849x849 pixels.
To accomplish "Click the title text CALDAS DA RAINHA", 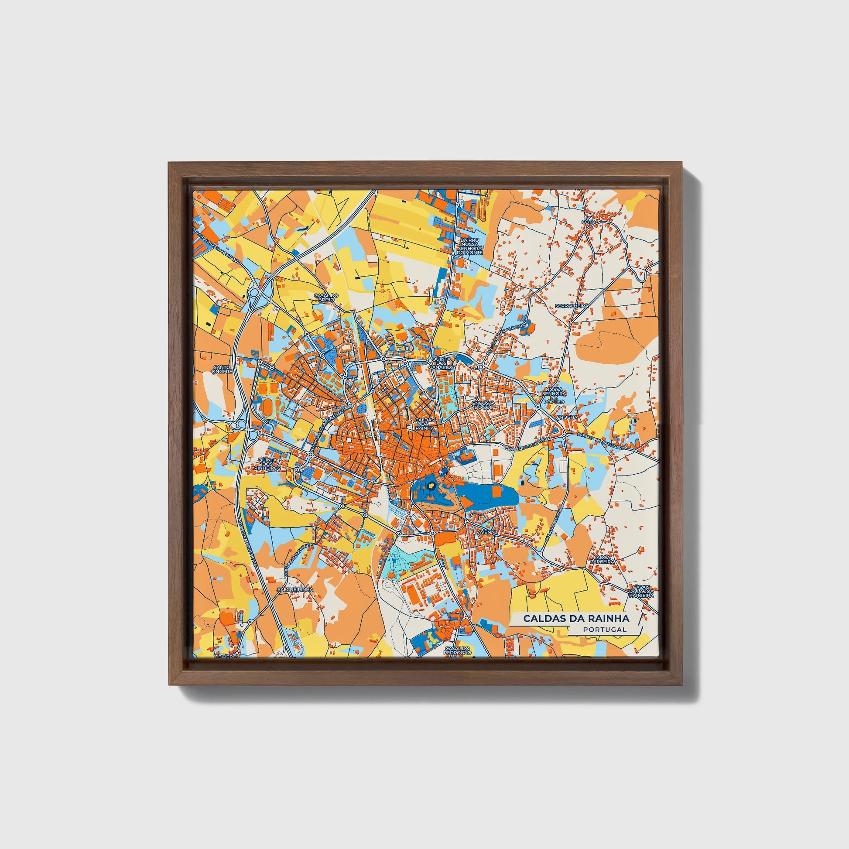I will [575, 619].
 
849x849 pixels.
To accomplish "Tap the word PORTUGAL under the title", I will [605, 630].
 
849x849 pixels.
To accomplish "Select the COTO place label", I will [588, 223].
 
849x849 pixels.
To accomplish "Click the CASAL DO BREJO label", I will [326, 297].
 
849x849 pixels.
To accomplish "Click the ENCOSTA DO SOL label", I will [483, 405].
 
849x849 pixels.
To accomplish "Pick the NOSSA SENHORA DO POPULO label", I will [554, 396].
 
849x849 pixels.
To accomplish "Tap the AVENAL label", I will [487, 532].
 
